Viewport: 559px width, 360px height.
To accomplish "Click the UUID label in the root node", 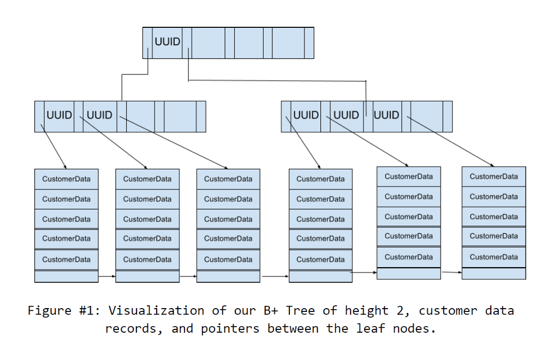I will [x=168, y=42].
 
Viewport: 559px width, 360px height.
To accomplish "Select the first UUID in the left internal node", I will [x=59, y=115].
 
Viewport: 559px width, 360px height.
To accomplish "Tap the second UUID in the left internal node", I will [x=99, y=115].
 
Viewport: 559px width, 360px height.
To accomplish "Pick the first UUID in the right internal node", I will [x=306, y=115].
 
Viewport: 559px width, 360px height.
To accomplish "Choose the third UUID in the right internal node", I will [x=386, y=115].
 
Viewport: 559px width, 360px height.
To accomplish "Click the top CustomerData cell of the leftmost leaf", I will [x=66, y=179].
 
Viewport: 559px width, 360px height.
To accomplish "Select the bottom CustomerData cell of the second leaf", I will [x=147, y=259].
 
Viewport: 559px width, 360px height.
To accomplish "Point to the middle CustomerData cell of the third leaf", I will [x=228, y=219].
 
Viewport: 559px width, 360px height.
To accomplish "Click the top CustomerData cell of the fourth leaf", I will [x=320, y=179].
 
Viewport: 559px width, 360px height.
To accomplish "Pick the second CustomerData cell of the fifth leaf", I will [x=408, y=197].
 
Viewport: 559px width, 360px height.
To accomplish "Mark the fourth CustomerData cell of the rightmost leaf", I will [x=493, y=236].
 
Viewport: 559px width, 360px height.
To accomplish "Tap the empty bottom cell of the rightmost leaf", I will [x=493, y=273].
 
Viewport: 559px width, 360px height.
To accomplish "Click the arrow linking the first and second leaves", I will [x=107, y=276].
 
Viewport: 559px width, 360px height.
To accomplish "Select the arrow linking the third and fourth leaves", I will [x=275, y=276].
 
